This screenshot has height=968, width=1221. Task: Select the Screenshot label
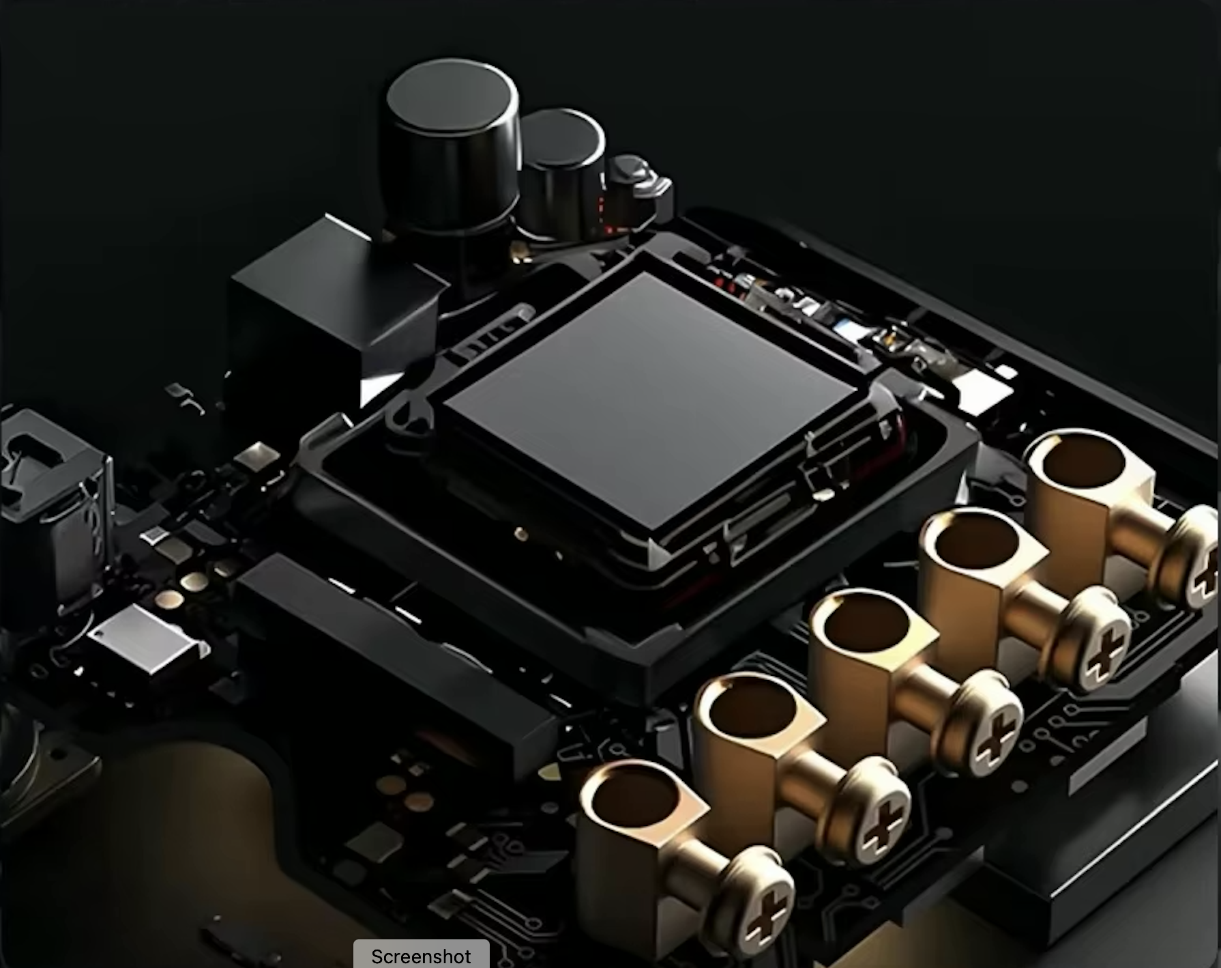[x=421, y=956]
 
